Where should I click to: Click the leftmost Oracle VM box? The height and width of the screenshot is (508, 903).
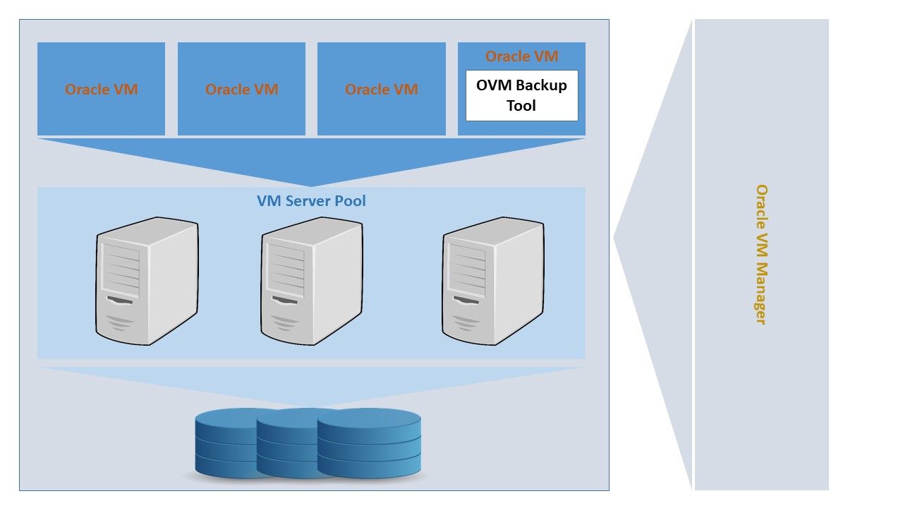click(x=101, y=89)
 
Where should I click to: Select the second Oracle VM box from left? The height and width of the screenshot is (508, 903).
click(x=241, y=89)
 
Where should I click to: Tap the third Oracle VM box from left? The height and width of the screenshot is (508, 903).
click(x=381, y=89)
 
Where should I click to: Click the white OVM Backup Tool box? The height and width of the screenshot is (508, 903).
click(x=521, y=95)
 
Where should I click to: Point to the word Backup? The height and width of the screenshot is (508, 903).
click(x=540, y=85)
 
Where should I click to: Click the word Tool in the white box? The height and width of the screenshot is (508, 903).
click(x=521, y=106)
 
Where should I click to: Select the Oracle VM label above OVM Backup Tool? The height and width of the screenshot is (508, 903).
click(x=521, y=56)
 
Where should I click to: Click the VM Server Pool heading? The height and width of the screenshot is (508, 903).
click(x=311, y=201)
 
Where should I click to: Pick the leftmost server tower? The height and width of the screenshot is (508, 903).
click(x=147, y=281)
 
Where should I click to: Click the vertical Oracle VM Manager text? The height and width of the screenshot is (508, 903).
click(x=761, y=254)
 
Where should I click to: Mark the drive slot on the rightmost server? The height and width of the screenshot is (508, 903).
click(x=466, y=301)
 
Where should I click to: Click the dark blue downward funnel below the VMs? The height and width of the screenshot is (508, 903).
click(x=311, y=159)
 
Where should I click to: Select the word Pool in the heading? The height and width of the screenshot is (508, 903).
click(x=350, y=201)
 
